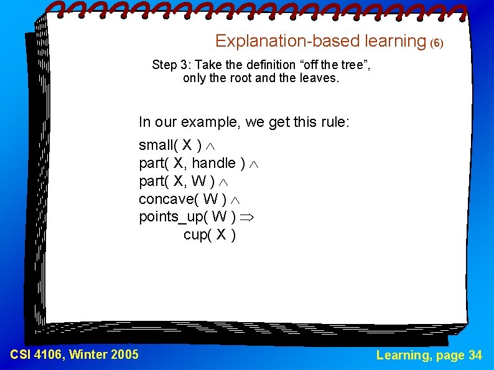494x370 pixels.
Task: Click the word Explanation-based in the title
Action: point(273,41)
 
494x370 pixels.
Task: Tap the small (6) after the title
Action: point(437,44)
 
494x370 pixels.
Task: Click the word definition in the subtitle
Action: point(250,65)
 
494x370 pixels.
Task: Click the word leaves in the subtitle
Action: point(318,78)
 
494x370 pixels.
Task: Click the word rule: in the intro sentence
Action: point(333,122)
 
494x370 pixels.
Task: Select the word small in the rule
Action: point(156,146)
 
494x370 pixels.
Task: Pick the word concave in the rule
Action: point(164,199)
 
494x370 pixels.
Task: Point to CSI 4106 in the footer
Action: point(37,355)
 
